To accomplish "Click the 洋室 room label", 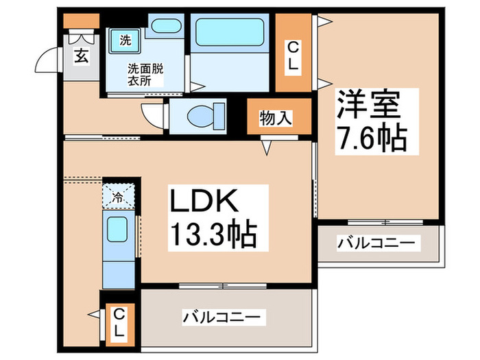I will tap(367, 106).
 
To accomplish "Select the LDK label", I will tap(205, 202).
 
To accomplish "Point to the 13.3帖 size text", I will tap(209, 235).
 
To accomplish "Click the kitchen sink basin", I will tap(117, 228).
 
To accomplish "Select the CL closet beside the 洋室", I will tap(293, 53).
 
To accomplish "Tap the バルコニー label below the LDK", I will tap(221, 317).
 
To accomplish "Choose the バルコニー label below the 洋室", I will tap(377, 243).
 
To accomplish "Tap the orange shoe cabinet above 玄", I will tap(73, 21).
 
